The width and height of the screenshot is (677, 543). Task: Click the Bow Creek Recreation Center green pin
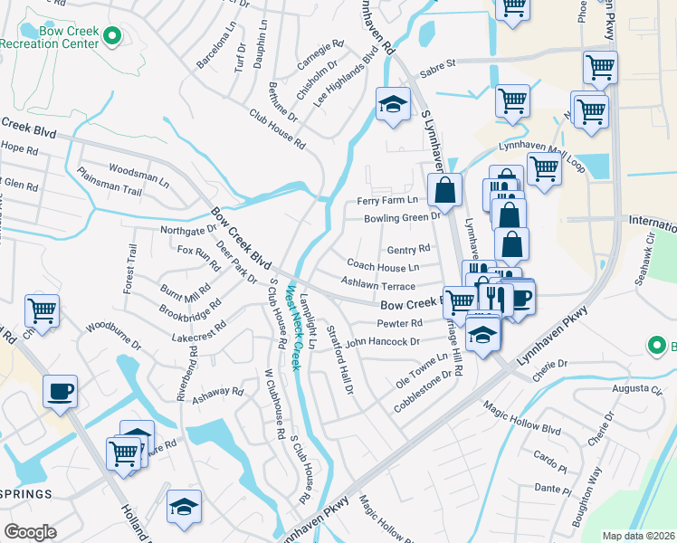pyautogui.click(x=112, y=37)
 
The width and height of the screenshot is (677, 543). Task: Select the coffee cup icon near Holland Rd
pyautogui.click(x=60, y=392)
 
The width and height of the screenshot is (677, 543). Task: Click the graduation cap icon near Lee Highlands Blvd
pyautogui.click(x=394, y=106)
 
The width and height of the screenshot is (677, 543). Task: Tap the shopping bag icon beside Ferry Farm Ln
pyautogui.click(x=444, y=191)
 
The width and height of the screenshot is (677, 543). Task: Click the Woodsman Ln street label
pyautogui.click(x=138, y=169)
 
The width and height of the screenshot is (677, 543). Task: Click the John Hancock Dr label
pyautogui.click(x=382, y=341)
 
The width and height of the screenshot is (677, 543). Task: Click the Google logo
pyautogui.click(x=30, y=531)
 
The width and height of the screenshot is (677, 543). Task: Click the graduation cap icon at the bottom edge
pyautogui.click(x=184, y=509)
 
